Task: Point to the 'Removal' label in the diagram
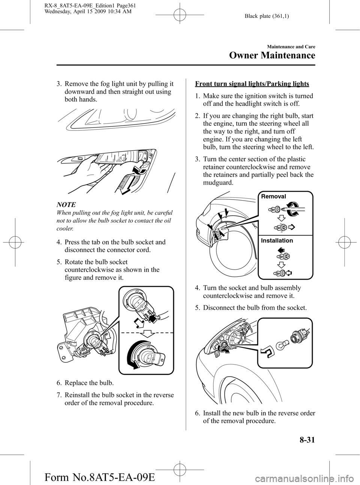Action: coord(273,197)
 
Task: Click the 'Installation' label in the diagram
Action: coord(277,240)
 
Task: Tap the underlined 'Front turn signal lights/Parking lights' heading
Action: coord(252,84)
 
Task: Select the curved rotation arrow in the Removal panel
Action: coord(295,207)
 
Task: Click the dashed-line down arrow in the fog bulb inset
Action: coord(147,333)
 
